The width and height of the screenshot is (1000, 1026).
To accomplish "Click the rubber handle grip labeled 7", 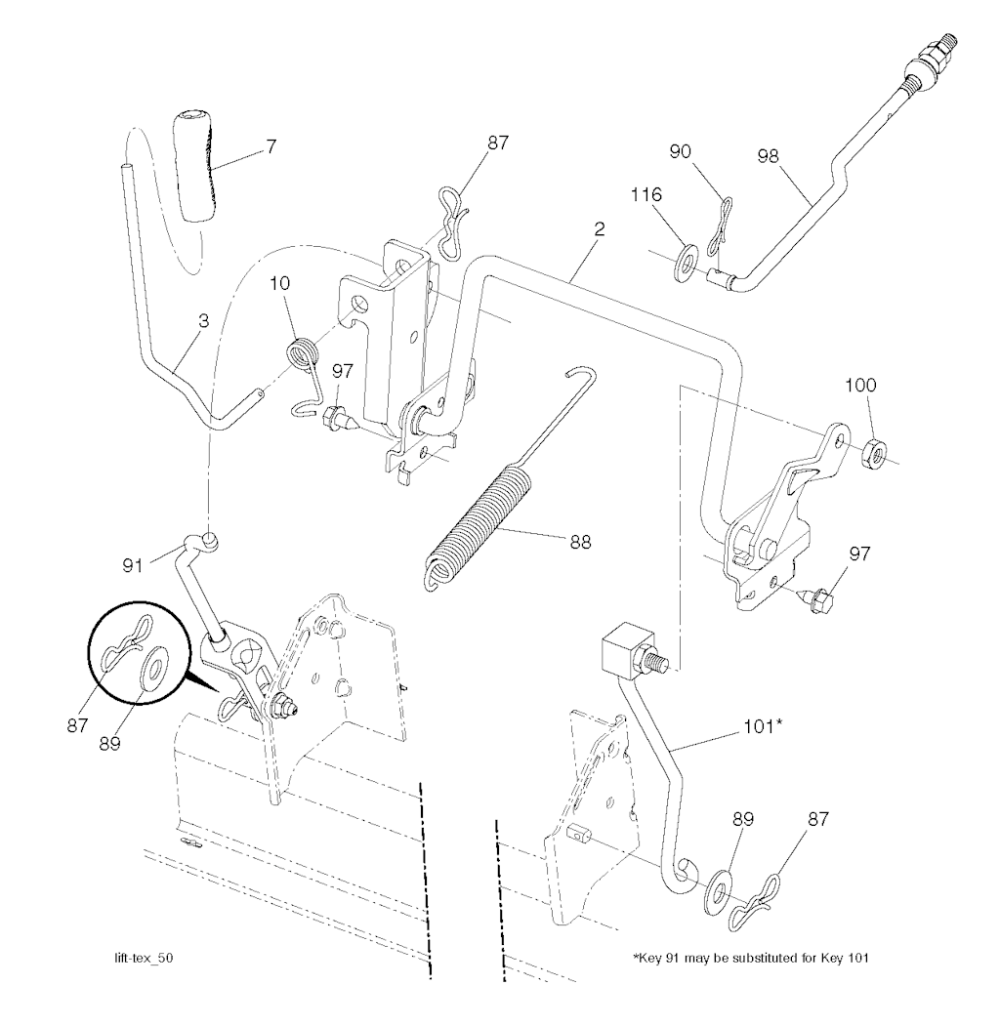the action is [x=195, y=168].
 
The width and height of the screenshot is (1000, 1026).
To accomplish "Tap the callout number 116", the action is [x=646, y=194].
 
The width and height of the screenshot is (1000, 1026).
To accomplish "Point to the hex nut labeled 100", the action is [x=874, y=452].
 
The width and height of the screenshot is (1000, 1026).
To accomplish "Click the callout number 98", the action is [x=769, y=156].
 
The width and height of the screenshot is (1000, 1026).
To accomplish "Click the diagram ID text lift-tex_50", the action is [x=144, y=958].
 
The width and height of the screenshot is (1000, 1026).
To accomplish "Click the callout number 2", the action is [x=599, y=229].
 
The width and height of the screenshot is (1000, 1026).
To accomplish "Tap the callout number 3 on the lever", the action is [x=203, y=321].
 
